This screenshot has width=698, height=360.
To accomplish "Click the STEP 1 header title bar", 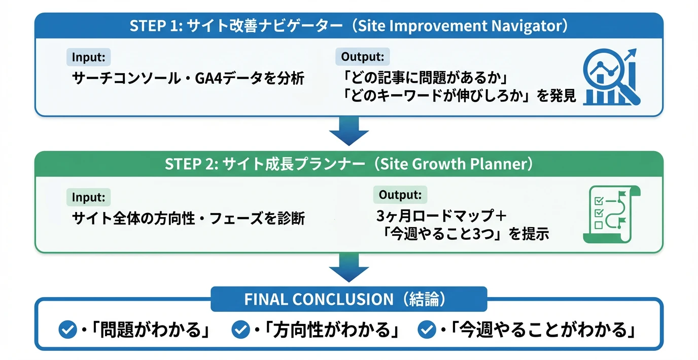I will coord(348,26).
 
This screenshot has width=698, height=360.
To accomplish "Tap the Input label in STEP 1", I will coord(88,57).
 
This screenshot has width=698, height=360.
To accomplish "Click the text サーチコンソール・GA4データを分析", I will coord(188,79).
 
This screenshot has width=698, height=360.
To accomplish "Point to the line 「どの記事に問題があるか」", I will coord(425,79).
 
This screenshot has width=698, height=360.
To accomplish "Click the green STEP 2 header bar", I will coord(348,164).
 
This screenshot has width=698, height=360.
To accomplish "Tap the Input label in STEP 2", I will coord(88,197).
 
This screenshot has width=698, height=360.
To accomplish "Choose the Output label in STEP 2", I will coord(400,195).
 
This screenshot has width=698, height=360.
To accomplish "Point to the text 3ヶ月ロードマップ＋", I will coord(441,216).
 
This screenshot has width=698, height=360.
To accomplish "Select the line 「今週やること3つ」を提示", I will coord(466,234).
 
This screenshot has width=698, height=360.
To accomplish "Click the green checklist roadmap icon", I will coord(611,214).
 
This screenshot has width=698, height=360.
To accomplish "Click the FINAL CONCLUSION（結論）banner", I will coord(348,299).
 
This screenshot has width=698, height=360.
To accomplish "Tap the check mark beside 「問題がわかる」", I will coord(67,330).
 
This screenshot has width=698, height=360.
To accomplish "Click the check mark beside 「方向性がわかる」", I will coord(240,330).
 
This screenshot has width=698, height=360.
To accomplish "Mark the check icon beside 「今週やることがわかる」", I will coord(426,330).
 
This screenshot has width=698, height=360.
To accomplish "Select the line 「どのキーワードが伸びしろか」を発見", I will coord(459,96).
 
